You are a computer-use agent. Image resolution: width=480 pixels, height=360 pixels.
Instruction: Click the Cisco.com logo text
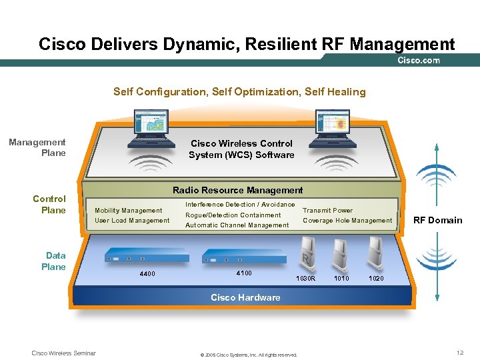pyautogui.click(x=419, y=61)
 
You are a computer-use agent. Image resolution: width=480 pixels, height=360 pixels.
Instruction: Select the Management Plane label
pyautogui.click(x=37, y=147)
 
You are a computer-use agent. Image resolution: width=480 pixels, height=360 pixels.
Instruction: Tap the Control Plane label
pyautogui.click(x=50, y=204)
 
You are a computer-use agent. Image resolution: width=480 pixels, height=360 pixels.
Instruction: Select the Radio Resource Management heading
pyautogui.click(x=237, y=190)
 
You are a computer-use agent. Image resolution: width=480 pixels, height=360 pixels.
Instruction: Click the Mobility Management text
pyautogui.click(x=128, y=211)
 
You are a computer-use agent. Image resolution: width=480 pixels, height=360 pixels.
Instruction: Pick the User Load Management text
pyautogui.click(x=132, y=221)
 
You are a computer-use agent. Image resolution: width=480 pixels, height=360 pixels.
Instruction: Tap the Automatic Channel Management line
pyautogui.click(x=237, y=225)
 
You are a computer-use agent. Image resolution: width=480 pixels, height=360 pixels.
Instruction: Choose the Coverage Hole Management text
pyautogui.click(x=347, y=221)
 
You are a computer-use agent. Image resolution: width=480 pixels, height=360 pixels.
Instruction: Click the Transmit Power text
pyautogui.click(x=327, y=211)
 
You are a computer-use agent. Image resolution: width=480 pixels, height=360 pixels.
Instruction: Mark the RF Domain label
pyautogui.click(x=437, y=220)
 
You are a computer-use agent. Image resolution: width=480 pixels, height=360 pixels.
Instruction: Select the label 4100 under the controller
pyautogui.click(x=244, y=273)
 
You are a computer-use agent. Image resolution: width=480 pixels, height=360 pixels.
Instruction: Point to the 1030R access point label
pyautogui.click(x=305, y=278)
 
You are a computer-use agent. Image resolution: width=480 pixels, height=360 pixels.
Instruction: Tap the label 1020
pyautogui.click(x=376, y=278)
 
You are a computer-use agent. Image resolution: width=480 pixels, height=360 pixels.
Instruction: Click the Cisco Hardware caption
pyautogui.click(x=245, y=297)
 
